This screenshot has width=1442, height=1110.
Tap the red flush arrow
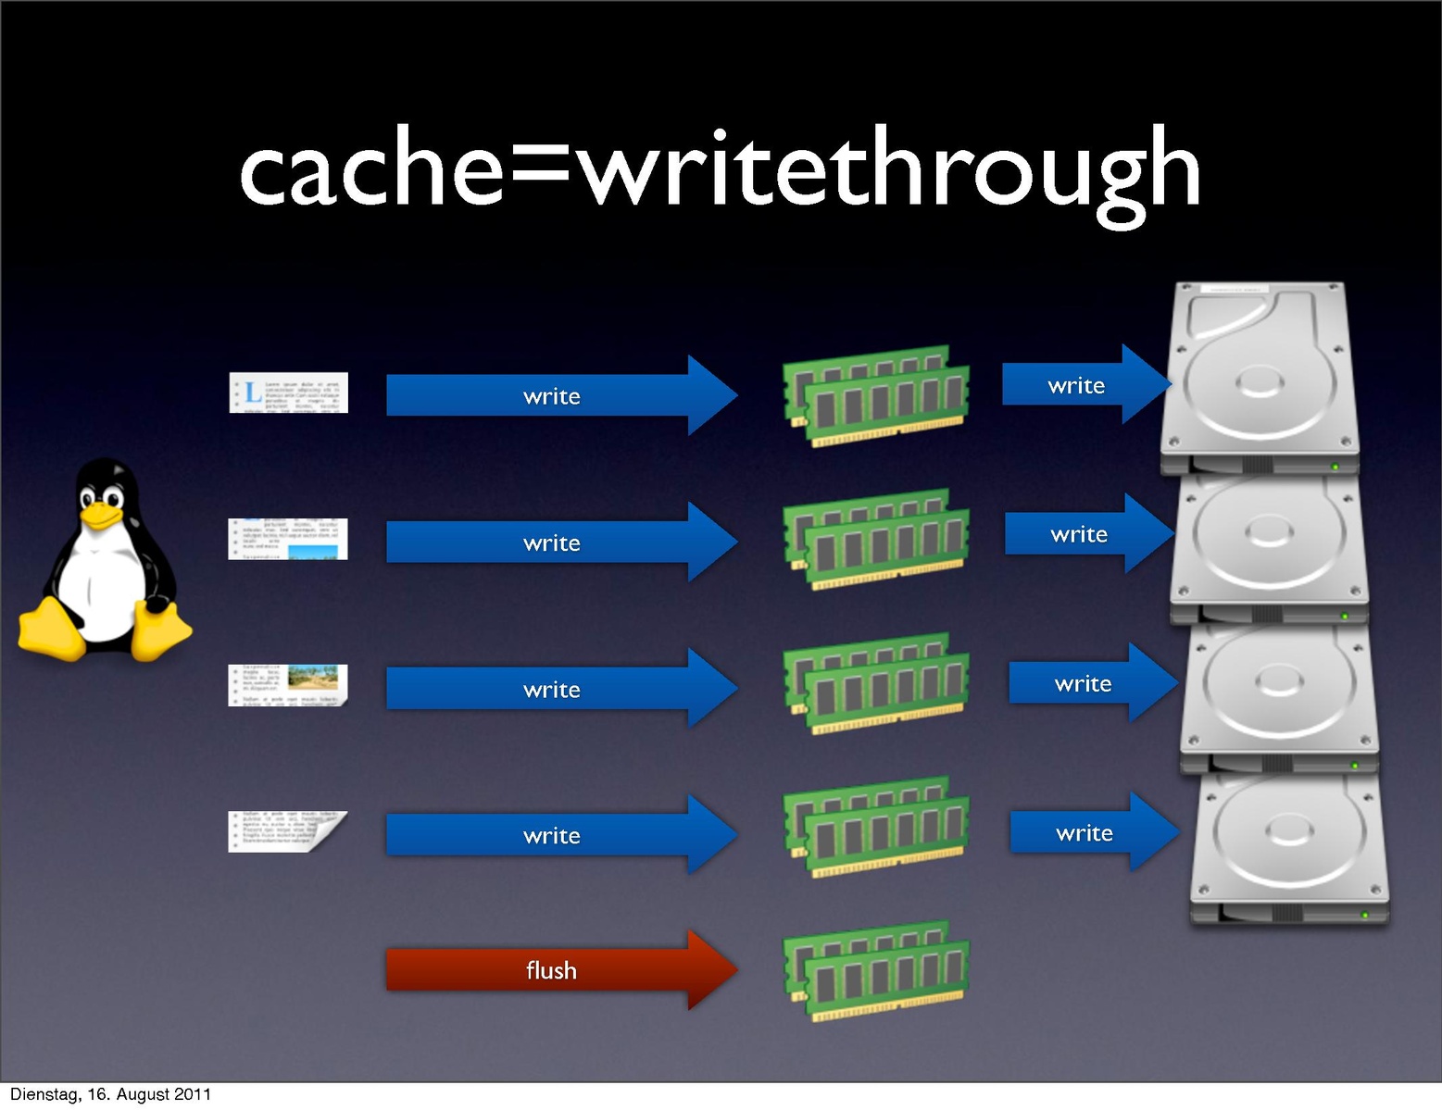556,970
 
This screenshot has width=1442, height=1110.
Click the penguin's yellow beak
100,515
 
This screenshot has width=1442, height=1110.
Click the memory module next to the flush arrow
876,971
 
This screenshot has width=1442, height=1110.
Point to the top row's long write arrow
556,395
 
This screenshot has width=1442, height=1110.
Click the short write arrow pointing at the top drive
1084,384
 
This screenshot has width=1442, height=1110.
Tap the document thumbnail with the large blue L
288,393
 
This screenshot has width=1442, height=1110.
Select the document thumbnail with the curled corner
288,831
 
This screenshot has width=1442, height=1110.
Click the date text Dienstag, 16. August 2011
110,1094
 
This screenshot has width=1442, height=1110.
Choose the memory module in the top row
876,396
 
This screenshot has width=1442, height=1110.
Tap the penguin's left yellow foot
51,630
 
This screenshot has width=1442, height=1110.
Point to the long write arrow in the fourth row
556,835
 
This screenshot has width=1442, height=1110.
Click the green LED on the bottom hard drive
1364,915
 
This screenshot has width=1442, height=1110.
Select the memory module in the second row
876,540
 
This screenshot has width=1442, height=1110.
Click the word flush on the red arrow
551,970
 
